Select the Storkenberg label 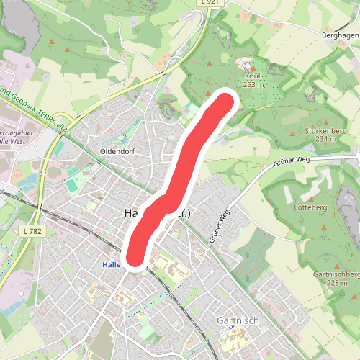click(x=321, y=130)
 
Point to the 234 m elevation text click(x=321, y=139)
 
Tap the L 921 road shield click(x=209, y=3)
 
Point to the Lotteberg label click(x=311, y=207)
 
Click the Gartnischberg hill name click(x=336, y=274)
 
